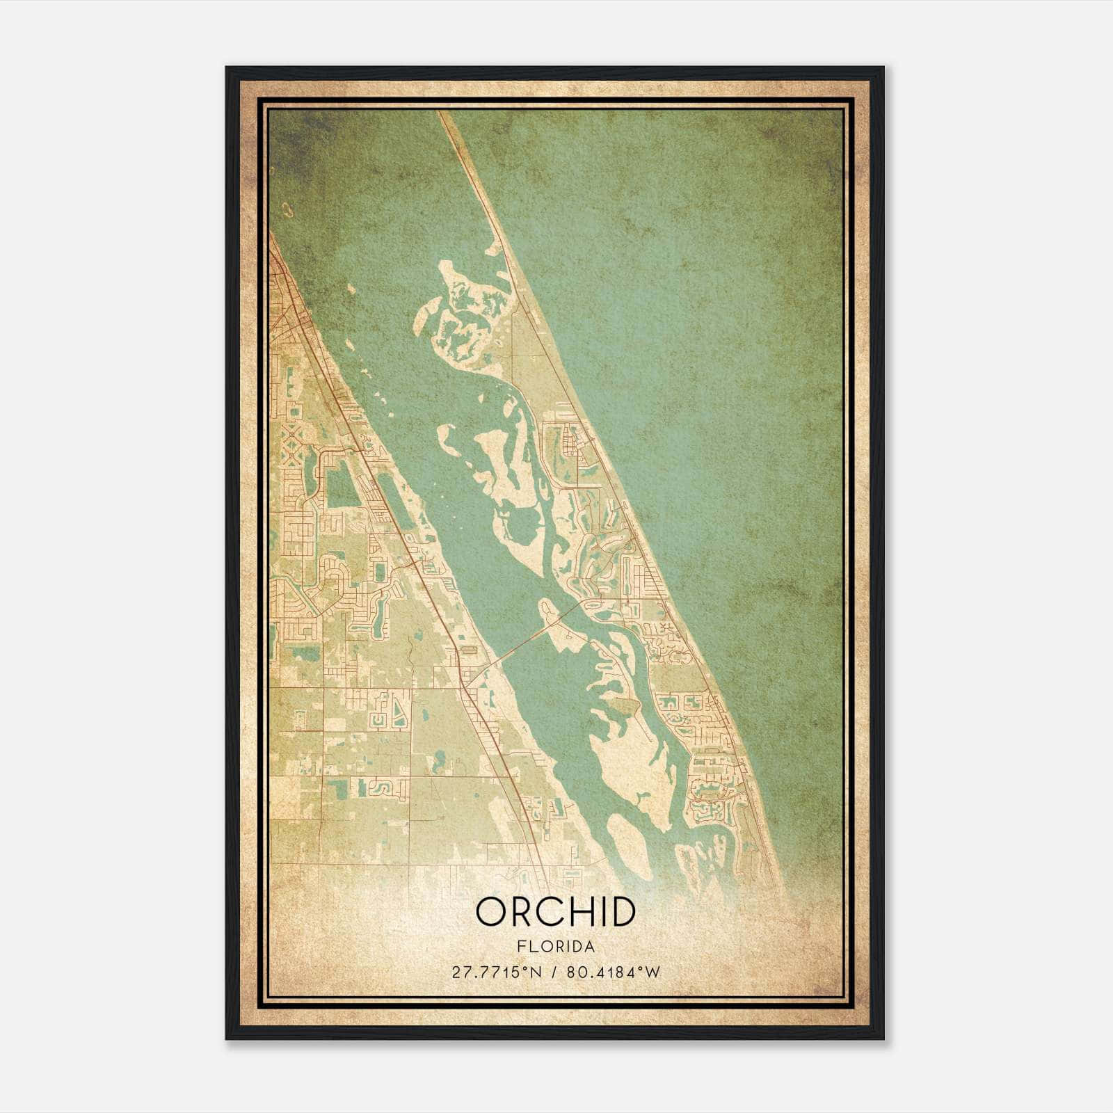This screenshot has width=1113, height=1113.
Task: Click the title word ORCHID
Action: [555, 912]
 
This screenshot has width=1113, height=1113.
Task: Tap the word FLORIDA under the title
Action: [556, 947]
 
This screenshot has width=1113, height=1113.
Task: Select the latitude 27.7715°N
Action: [496, 972]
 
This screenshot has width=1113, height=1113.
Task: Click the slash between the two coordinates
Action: [553, 972]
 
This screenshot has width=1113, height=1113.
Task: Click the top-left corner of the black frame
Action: [227, 67]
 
